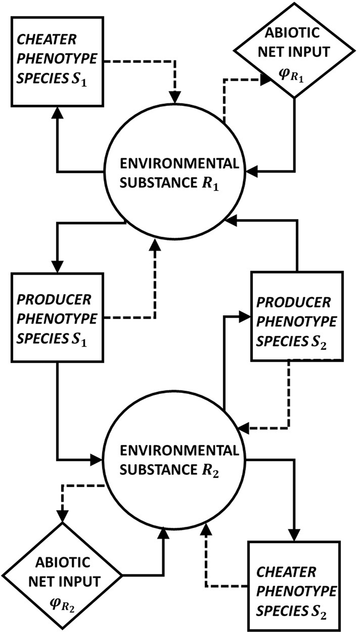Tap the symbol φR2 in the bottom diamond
click(64, 602)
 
